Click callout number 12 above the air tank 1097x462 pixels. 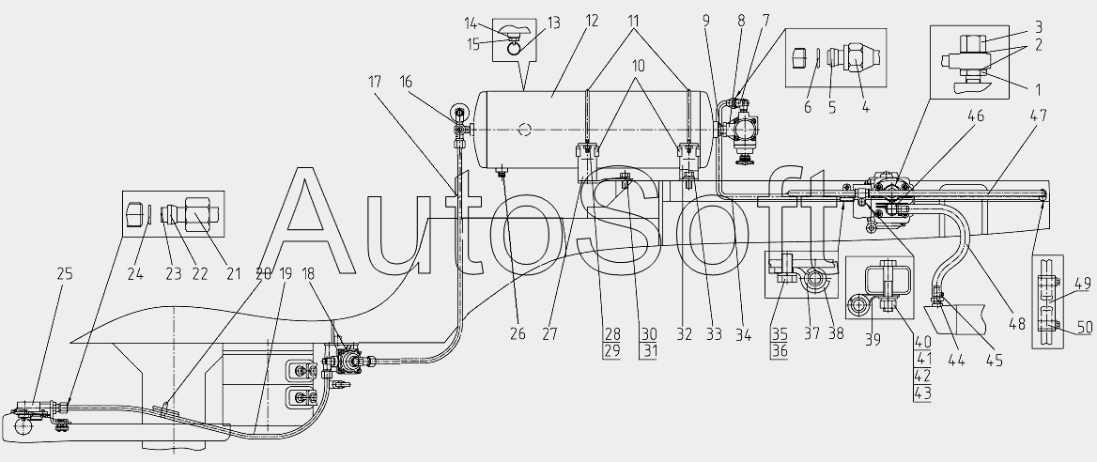(593, 21)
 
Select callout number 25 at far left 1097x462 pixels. (65, 274)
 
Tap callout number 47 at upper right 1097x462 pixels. (1039, 115)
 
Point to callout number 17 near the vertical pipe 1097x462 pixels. (375, 82)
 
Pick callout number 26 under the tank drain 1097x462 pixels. (518, 334)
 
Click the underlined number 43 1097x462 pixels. (923, 394)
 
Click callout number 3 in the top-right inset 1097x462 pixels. (1039, 28)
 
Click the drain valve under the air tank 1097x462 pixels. (502, 172)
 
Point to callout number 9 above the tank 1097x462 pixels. (706, 21)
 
